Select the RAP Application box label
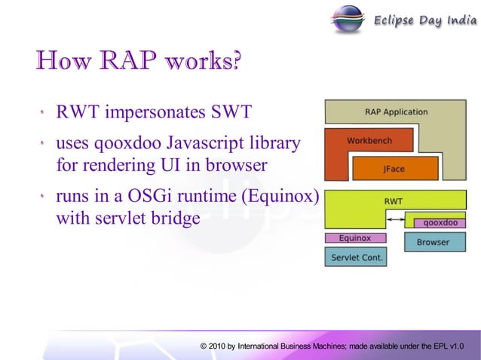(x=396, y=112)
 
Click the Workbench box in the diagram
(x=369, y=141)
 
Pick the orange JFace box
(x=394, y=169)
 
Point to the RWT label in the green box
(x=394, y=201)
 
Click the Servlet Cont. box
(x=356, y=258)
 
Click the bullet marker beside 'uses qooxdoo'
(x=44, y=143)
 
